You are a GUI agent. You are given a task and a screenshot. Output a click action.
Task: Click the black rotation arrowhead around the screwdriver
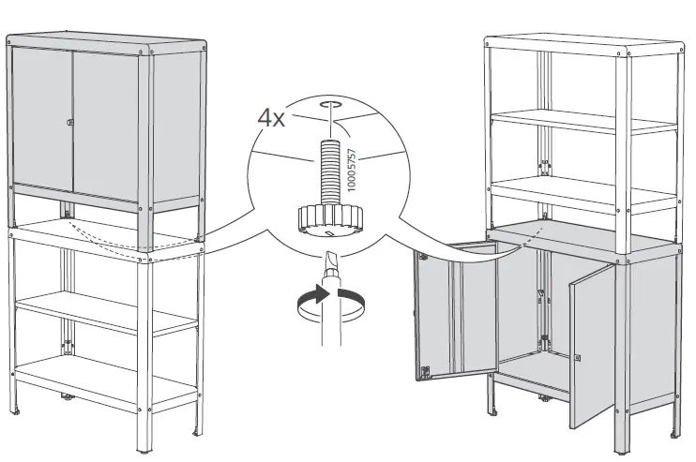point(322,293)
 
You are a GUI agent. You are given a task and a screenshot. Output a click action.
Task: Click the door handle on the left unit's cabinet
point(69,123)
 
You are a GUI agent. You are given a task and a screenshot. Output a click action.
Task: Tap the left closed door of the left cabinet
point(41,127)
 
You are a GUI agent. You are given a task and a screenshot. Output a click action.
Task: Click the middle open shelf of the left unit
point(103,309)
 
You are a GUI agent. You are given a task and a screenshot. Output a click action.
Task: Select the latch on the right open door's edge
point(579,357)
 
